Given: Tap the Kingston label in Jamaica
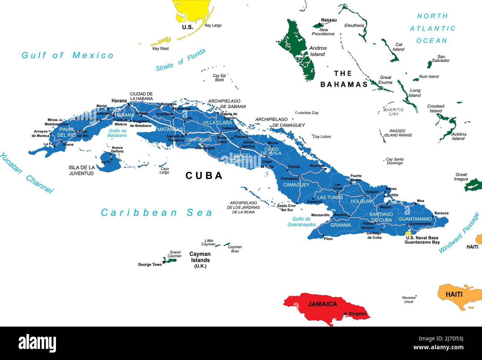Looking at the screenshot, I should tap(357, 314).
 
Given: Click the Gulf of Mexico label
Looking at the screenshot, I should tap(67, 55).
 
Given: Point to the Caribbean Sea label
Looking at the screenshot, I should tap(156, 213).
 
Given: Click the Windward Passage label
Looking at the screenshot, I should tap(459, 233).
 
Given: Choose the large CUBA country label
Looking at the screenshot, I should tap(204, 176).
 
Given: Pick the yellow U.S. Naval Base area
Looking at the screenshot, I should tap(409, 232).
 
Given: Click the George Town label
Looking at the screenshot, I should tap(150, 265).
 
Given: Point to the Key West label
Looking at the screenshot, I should tap(160, 49).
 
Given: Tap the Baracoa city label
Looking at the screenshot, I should tap(441, 213).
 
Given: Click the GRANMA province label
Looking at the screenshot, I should tap(340, 225).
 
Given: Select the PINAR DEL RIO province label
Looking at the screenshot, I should tap(66, 132).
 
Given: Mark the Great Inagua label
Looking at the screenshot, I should tap(461, 177).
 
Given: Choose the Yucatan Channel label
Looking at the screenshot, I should tap(26, 173).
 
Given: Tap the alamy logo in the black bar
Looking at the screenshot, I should tap(37, 343).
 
